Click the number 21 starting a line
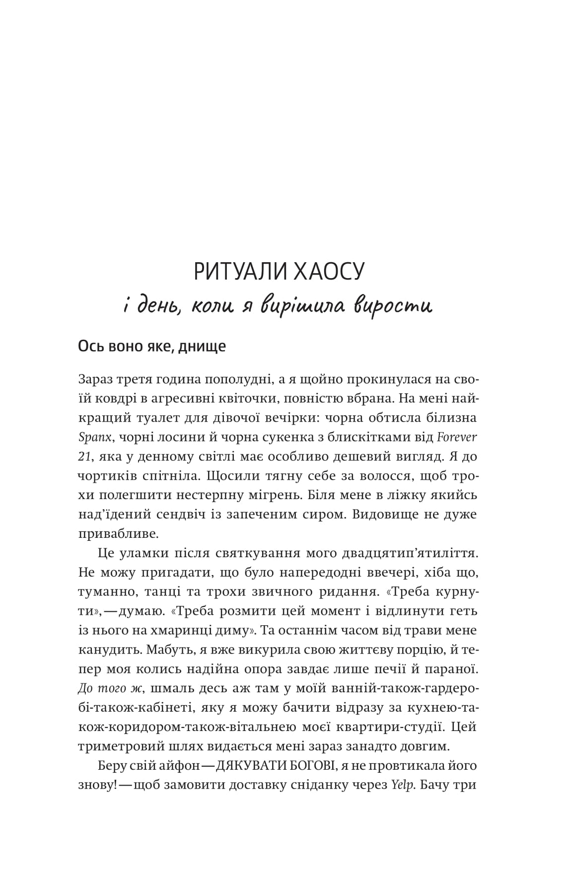pos(84,456)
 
